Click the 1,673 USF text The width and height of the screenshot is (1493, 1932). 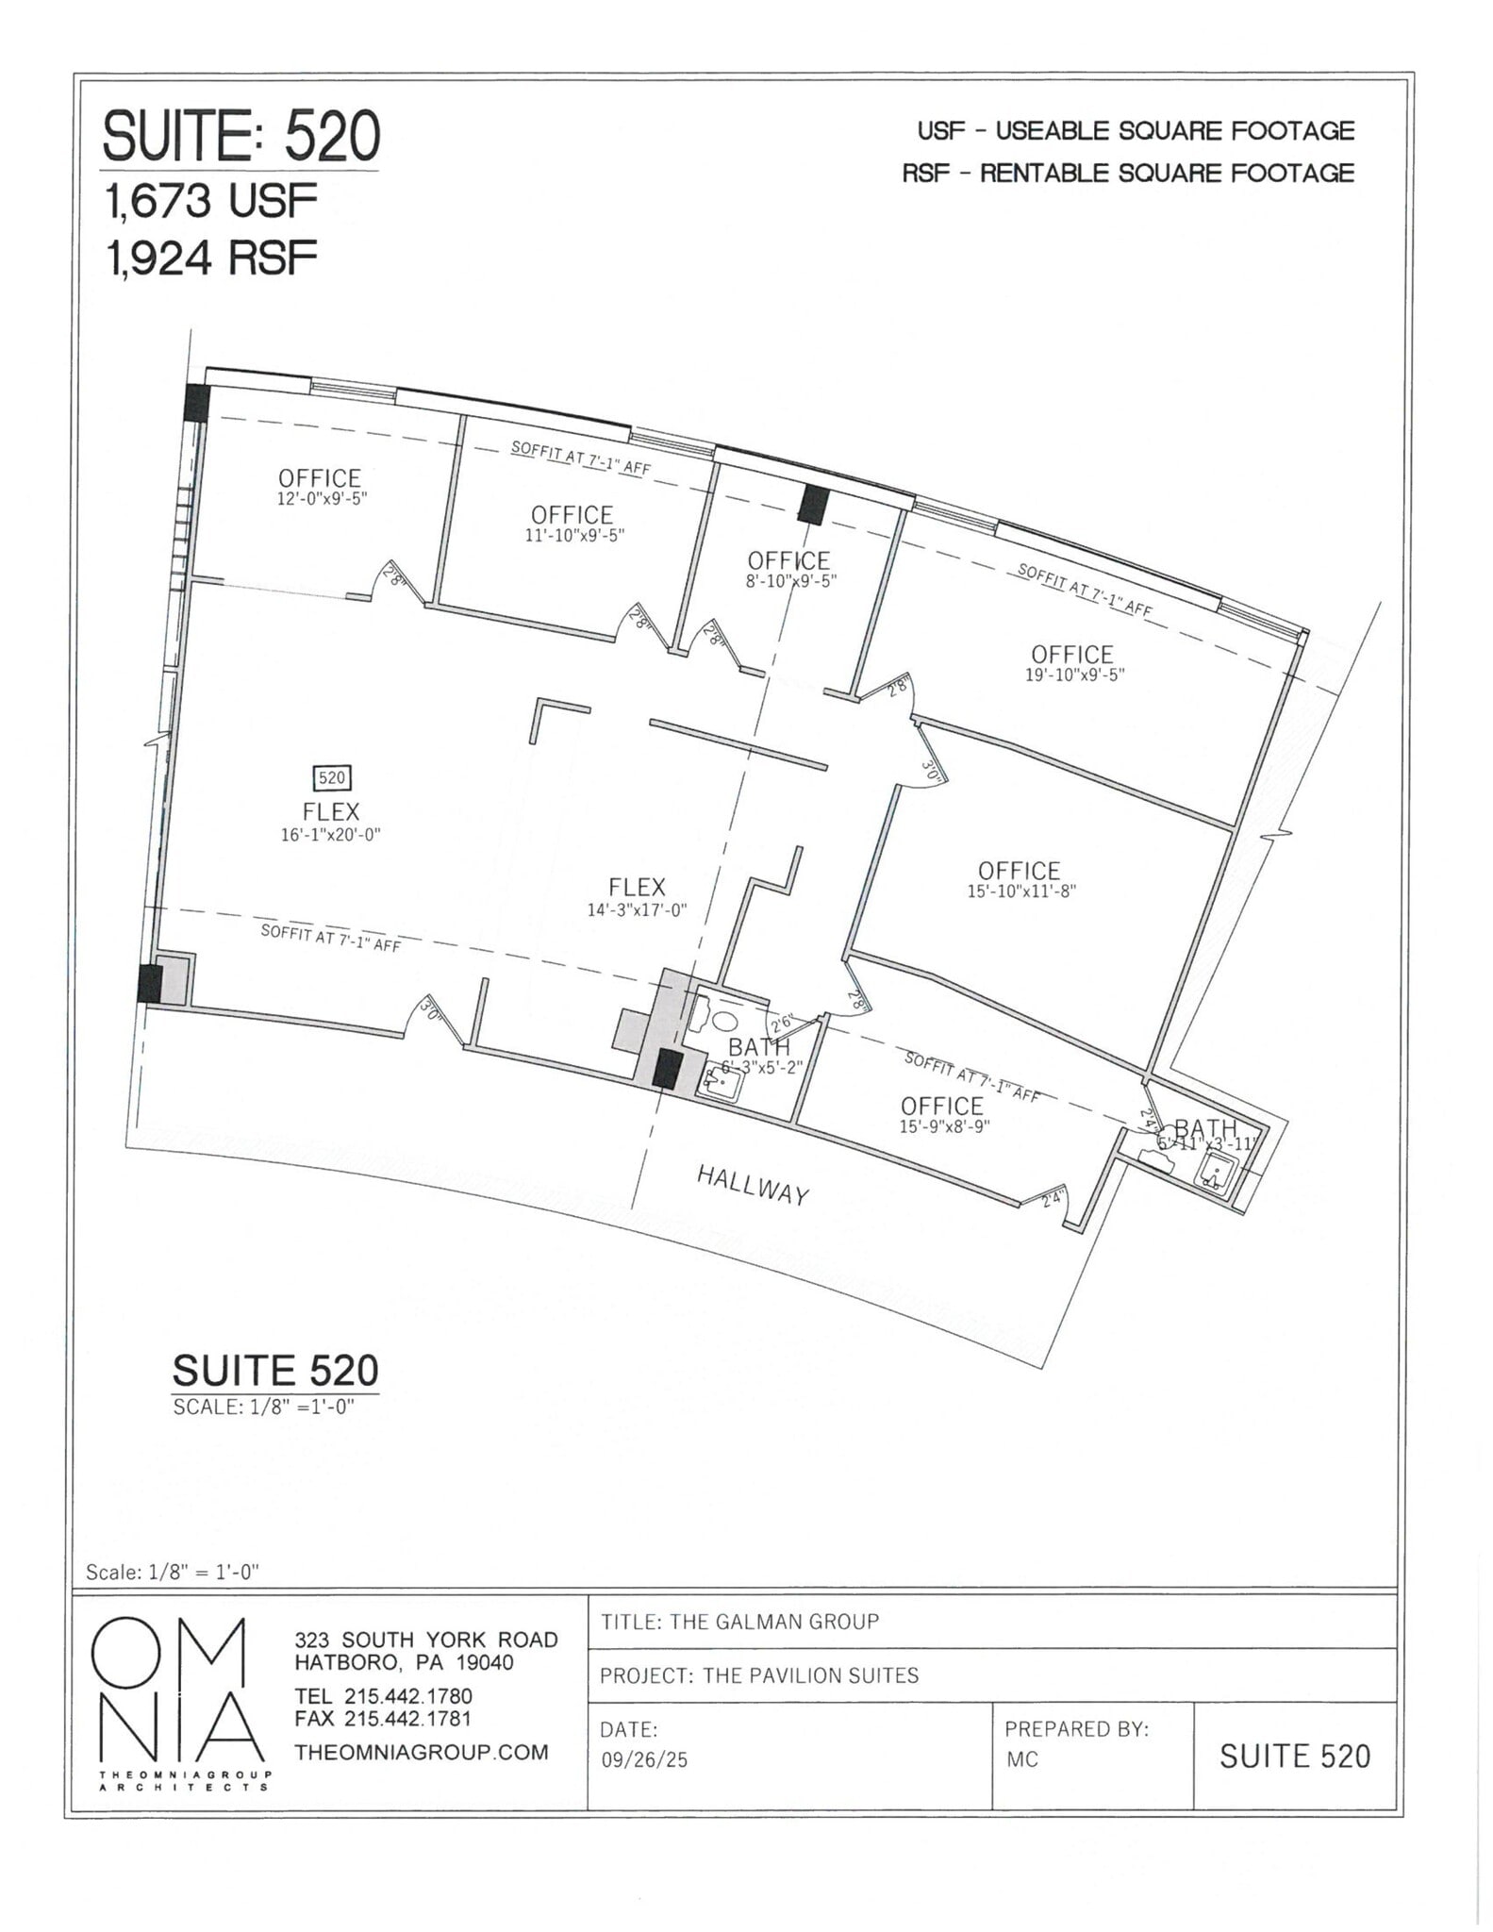(x=211, y=201)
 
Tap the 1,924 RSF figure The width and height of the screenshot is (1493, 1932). (x=211, y=257)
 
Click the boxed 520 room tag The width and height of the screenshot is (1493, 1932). (x=332, y=777)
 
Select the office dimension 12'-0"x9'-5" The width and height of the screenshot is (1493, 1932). (x=322, y=499)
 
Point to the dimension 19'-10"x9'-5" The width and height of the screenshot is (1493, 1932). (x=1074, y=675)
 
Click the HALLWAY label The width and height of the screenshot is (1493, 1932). (x=752, y=1185)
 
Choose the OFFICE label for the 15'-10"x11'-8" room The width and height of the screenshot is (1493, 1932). (x=1019, y=870)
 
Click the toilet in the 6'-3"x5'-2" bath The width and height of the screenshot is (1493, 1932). (x=724, y=1021)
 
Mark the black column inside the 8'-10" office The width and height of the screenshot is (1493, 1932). (x=810, y=505)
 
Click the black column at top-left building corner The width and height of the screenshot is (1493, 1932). (x=196, y=404)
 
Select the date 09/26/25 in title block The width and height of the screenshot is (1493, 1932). (x=644, y=1759)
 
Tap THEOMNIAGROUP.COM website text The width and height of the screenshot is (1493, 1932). (x=422, y=1752)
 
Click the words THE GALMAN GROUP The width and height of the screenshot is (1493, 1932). (x=772, y=1622)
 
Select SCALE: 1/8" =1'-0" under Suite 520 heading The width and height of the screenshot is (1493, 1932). (x=263, y=1407)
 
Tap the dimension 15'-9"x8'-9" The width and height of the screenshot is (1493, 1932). (x=944, y=1126)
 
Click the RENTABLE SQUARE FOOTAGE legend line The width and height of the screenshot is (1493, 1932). (x=1128, y=174)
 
